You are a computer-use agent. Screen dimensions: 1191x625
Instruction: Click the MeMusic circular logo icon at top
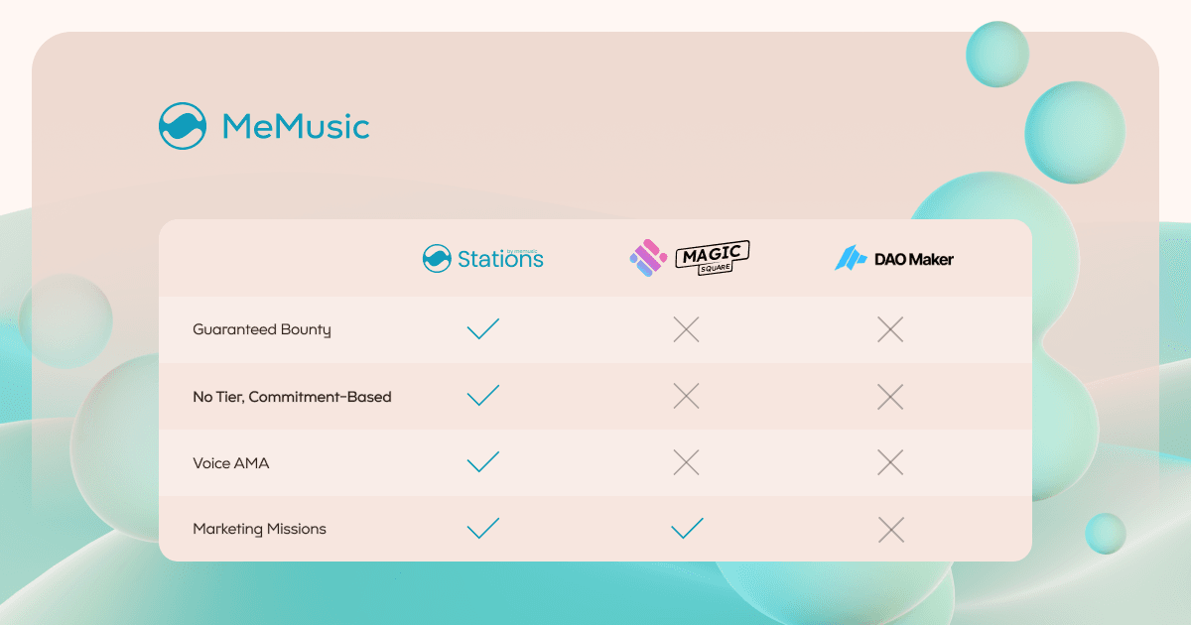tap(183, 126)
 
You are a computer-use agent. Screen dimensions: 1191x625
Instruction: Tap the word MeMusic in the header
tap(296, 127)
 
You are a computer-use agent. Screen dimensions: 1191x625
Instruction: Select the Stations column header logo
tap(482, 258)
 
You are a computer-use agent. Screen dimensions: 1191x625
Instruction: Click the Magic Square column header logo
tap(690, 258)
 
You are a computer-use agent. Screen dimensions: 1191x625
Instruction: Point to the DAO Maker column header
tap(894, 258)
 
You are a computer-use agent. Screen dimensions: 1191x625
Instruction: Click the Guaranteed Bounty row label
tap(262, 330)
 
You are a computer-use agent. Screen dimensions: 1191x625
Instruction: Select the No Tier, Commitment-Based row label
tap(292, 397)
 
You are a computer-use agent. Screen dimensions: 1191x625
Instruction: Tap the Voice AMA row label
tap(230, 463)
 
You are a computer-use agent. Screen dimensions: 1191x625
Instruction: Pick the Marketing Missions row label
tap(259, 529)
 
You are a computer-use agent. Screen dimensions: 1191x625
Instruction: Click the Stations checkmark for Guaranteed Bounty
tap(482, 328)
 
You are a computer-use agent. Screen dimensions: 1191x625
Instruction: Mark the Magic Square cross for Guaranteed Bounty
tap(687, 329)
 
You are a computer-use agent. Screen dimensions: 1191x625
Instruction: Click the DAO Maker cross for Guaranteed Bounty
tap(890, 329)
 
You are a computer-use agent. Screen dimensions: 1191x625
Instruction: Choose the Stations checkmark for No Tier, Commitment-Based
tap(482, 395)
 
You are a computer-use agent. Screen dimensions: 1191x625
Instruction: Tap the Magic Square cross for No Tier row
tap(687, 396)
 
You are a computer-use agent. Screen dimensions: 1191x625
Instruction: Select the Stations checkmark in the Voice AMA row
tap(482, 461)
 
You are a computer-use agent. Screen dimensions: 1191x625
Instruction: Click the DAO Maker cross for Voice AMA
tap(890, 462)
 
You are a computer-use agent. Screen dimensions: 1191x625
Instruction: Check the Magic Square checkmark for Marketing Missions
tap(687, 528)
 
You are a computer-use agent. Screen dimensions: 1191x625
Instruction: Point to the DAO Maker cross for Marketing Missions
tap(891, 530)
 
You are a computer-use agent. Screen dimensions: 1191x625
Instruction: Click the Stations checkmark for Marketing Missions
tap(482, 528)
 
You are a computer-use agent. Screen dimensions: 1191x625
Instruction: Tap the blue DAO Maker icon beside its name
tap(851, 258)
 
